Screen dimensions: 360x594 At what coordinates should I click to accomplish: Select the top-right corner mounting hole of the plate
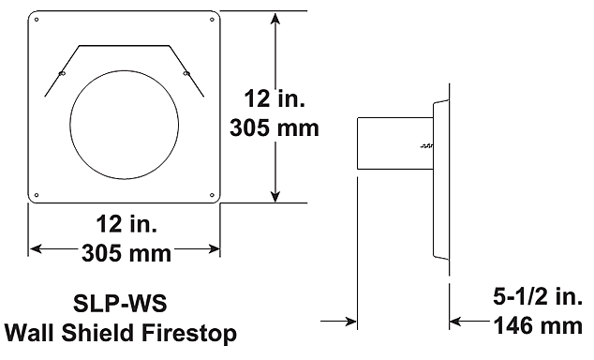pos(212,18)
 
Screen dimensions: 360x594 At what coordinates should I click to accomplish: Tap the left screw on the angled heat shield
pos(62,73)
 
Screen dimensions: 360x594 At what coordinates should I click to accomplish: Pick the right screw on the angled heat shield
pos(185,73)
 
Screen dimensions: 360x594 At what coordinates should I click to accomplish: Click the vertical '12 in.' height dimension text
pos(274,97)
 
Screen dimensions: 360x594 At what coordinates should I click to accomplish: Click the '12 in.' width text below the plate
pos(125,225)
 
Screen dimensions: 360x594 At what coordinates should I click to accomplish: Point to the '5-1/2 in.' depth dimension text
pos(537,298)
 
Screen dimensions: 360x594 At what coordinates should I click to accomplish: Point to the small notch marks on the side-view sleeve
pos(426,146)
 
